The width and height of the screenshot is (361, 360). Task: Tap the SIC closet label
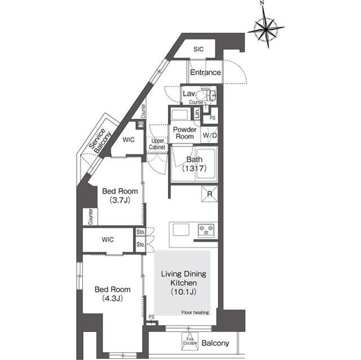point(198,49)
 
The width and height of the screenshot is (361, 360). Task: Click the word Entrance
point(205,72)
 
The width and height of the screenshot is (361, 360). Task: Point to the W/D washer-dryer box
point(209,135)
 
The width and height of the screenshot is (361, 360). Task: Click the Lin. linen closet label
point(197,113)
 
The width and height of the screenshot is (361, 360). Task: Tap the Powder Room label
point(184,132)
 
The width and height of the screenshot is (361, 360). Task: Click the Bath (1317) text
point(194,163)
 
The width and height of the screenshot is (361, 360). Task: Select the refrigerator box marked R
point(209,194)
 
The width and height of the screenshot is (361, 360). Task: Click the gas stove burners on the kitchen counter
point(206,230)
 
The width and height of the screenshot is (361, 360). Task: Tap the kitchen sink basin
point(181,229)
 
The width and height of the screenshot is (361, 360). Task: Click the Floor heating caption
point(195,312)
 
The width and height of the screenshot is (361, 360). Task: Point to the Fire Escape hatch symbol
point(190,341)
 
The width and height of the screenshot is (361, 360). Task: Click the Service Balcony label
point(100,141)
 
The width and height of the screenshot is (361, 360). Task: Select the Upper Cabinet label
point(157,144)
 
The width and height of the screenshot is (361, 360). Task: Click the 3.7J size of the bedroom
point(120,200)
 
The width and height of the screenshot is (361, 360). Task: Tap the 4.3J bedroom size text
point(112,298)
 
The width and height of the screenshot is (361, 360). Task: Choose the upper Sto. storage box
point(140,232)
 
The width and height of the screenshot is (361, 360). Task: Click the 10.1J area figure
point(183,292)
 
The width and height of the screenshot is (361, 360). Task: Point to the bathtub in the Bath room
point(206,163)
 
